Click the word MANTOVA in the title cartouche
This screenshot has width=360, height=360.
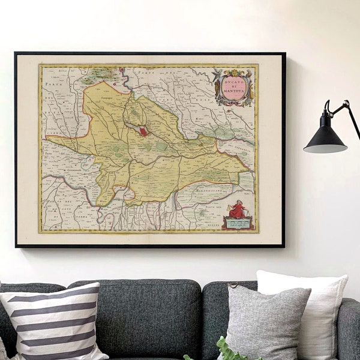coord(233,89)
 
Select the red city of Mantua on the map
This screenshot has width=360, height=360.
coord(143,131)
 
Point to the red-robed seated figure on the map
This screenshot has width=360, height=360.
coord(238,210)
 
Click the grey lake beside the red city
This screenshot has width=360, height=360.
coord(133,127)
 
